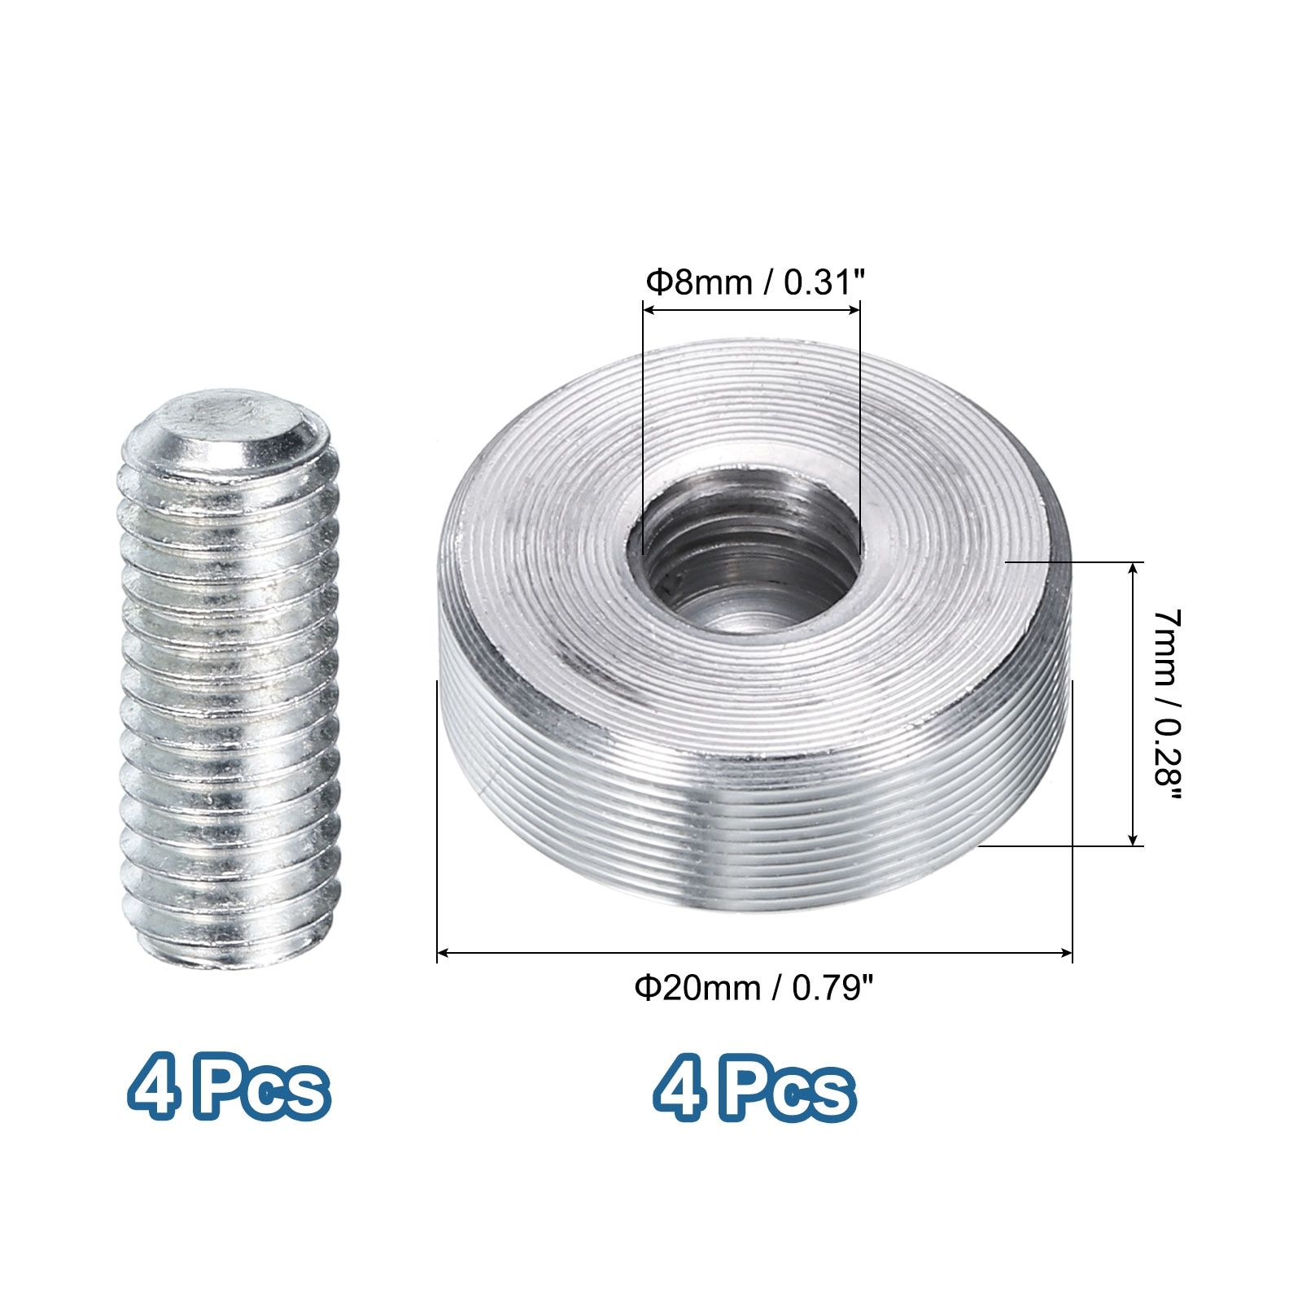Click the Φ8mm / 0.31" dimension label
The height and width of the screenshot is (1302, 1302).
point(754,283)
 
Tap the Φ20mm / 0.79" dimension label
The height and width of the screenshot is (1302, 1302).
point(754,989)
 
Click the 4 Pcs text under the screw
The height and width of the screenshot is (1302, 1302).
point(229,1086)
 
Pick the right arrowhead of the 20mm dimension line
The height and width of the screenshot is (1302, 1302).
point(1066,951)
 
